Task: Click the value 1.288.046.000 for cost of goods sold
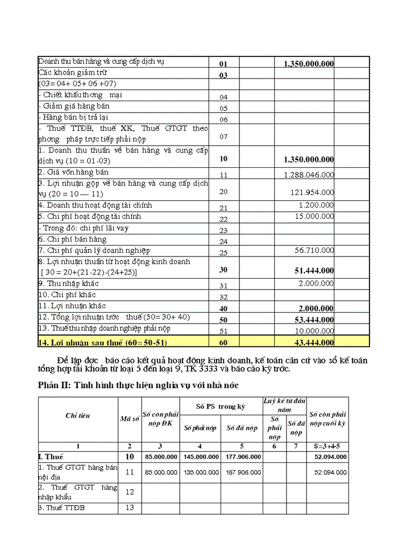(x=309, y=175)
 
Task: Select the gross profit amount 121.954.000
(x=312, y=193)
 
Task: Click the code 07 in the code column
(x=223, y=137)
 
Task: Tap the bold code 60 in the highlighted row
(x=223, y=342)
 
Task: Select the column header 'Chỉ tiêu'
(x=77, y=416)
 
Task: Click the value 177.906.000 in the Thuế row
(x=242, y=457)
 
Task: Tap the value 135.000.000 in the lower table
(x=200, y=472)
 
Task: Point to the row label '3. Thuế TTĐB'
(x=61, y=507)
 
